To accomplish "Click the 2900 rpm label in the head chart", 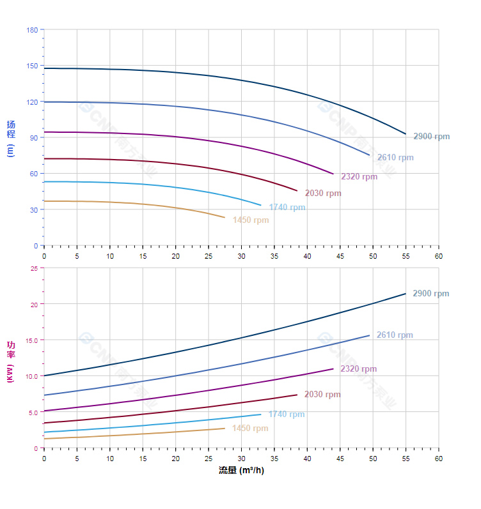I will tap(431, 136).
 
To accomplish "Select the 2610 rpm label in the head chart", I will tap(395, 158).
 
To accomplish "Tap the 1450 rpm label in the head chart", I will tap(251, 220).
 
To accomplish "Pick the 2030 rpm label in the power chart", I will tap(322, 395).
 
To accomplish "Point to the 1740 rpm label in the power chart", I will tap(287, 414).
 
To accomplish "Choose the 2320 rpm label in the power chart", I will tap(358, 369).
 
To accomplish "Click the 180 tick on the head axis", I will tap(32, 30).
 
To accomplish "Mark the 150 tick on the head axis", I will tap(32, 66).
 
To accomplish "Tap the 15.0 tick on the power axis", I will tap(31, 340).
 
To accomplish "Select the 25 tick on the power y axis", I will tap(34, 268).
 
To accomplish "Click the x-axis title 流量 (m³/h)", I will tap(241, 471).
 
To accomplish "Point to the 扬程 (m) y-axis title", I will tap(10, 138).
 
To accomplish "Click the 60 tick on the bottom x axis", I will tap(439, 459).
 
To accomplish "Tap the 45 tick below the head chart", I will tap(340, 256).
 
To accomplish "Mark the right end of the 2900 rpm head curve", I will tap(406, 134).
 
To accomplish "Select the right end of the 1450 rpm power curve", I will tap(225, 428).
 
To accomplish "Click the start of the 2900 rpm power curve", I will tap(44, 376).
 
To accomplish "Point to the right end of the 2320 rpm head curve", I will tap(333, 174).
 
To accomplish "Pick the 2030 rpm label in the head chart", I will tap(323, 194).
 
